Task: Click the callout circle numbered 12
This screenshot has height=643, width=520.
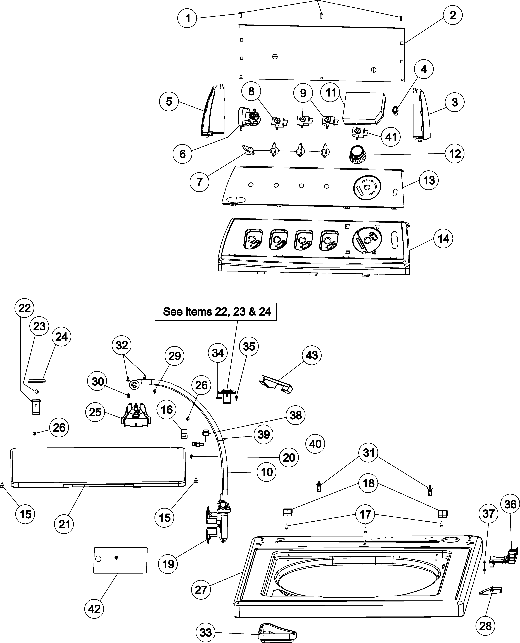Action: coord(455,154)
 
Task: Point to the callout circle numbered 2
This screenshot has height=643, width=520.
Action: coord(453,15)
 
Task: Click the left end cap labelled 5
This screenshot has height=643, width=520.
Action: coord(214,111)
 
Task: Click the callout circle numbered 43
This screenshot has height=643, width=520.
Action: coord(312,355)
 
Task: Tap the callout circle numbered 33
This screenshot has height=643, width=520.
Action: coord(206,633)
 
